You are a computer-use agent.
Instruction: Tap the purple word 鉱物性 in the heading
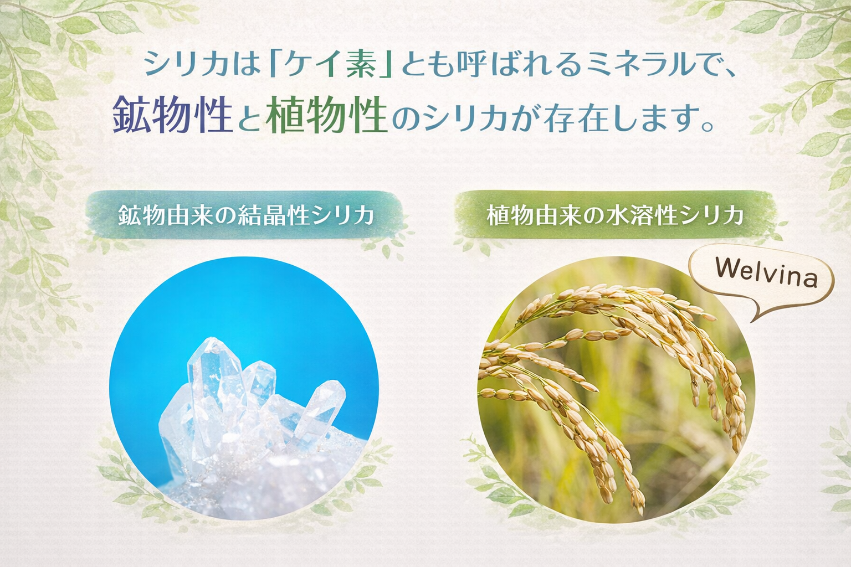(x=173, y=114)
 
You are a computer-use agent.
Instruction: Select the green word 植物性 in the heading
(x=326, y=114)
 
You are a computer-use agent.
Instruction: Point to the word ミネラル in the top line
(x=611, y=62)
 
